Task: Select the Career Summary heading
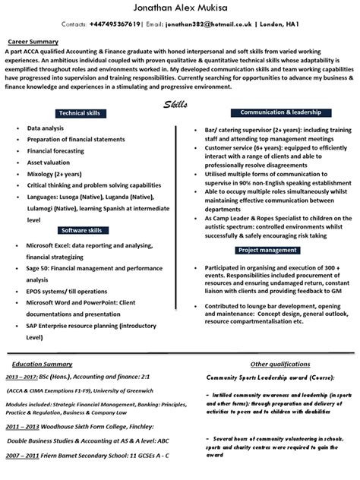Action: pyautogui.click(x=34, y=41)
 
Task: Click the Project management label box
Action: pyautogui.click(x=267, y=250)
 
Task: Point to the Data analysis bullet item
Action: pyautogui.click(x=46, y=129)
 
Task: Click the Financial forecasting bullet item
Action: pyautogui.click(x=57, y=151)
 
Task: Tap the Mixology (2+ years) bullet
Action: pyautogui.click(x=56, y=174)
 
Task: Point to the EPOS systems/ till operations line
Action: pyautogui.click(x=66, y=291)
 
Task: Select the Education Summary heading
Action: pyautogui.click(x=36, y=343)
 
